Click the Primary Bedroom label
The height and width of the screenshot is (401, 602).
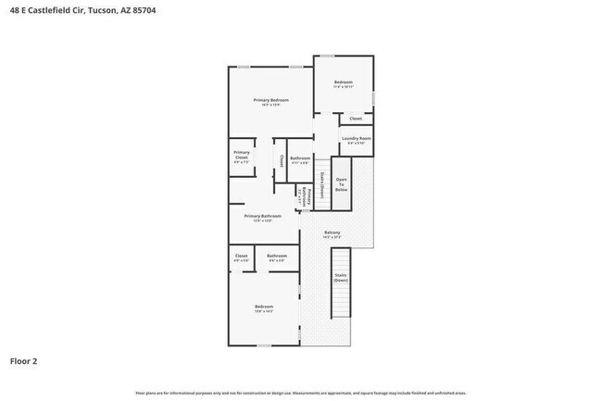pyautogui.click(x=271, y=100)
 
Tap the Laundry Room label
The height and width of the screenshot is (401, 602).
pyautogui.click(x=356, y=139)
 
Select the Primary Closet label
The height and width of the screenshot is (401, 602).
pyautogui.click(x=241, y=156)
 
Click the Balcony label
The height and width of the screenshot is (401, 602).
pyautogui.click(x=332, y=232)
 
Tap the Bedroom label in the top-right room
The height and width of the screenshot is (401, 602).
pyautogui.click(x=343, y=82)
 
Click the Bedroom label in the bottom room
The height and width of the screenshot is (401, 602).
pyautogui.click(x=264, y=307)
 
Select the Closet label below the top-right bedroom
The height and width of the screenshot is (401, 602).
pyautogui.click(x=356, y=119)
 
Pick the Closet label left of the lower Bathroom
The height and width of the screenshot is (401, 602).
pyautogui.click(x=241, y=256)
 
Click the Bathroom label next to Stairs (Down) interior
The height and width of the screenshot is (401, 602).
pyautogui.click(x=300, y=158)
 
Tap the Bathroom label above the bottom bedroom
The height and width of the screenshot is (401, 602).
pyautogui.click(x=276, y=256)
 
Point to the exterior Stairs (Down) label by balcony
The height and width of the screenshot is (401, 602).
pyautogui.click(x=341, y=277)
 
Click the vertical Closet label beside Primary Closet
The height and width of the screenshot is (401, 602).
pyautogui.click(x=282, y=160)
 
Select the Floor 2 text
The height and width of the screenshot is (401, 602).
pyautogui.click(x=23, y=361)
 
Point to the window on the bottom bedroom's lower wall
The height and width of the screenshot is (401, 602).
pyautogui.click(x=264, y=345)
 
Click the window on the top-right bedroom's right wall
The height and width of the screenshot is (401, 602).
pyautogui.click(x=374, y=96)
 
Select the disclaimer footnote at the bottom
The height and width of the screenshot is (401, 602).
pyautogui.click(x=301, y=392)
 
